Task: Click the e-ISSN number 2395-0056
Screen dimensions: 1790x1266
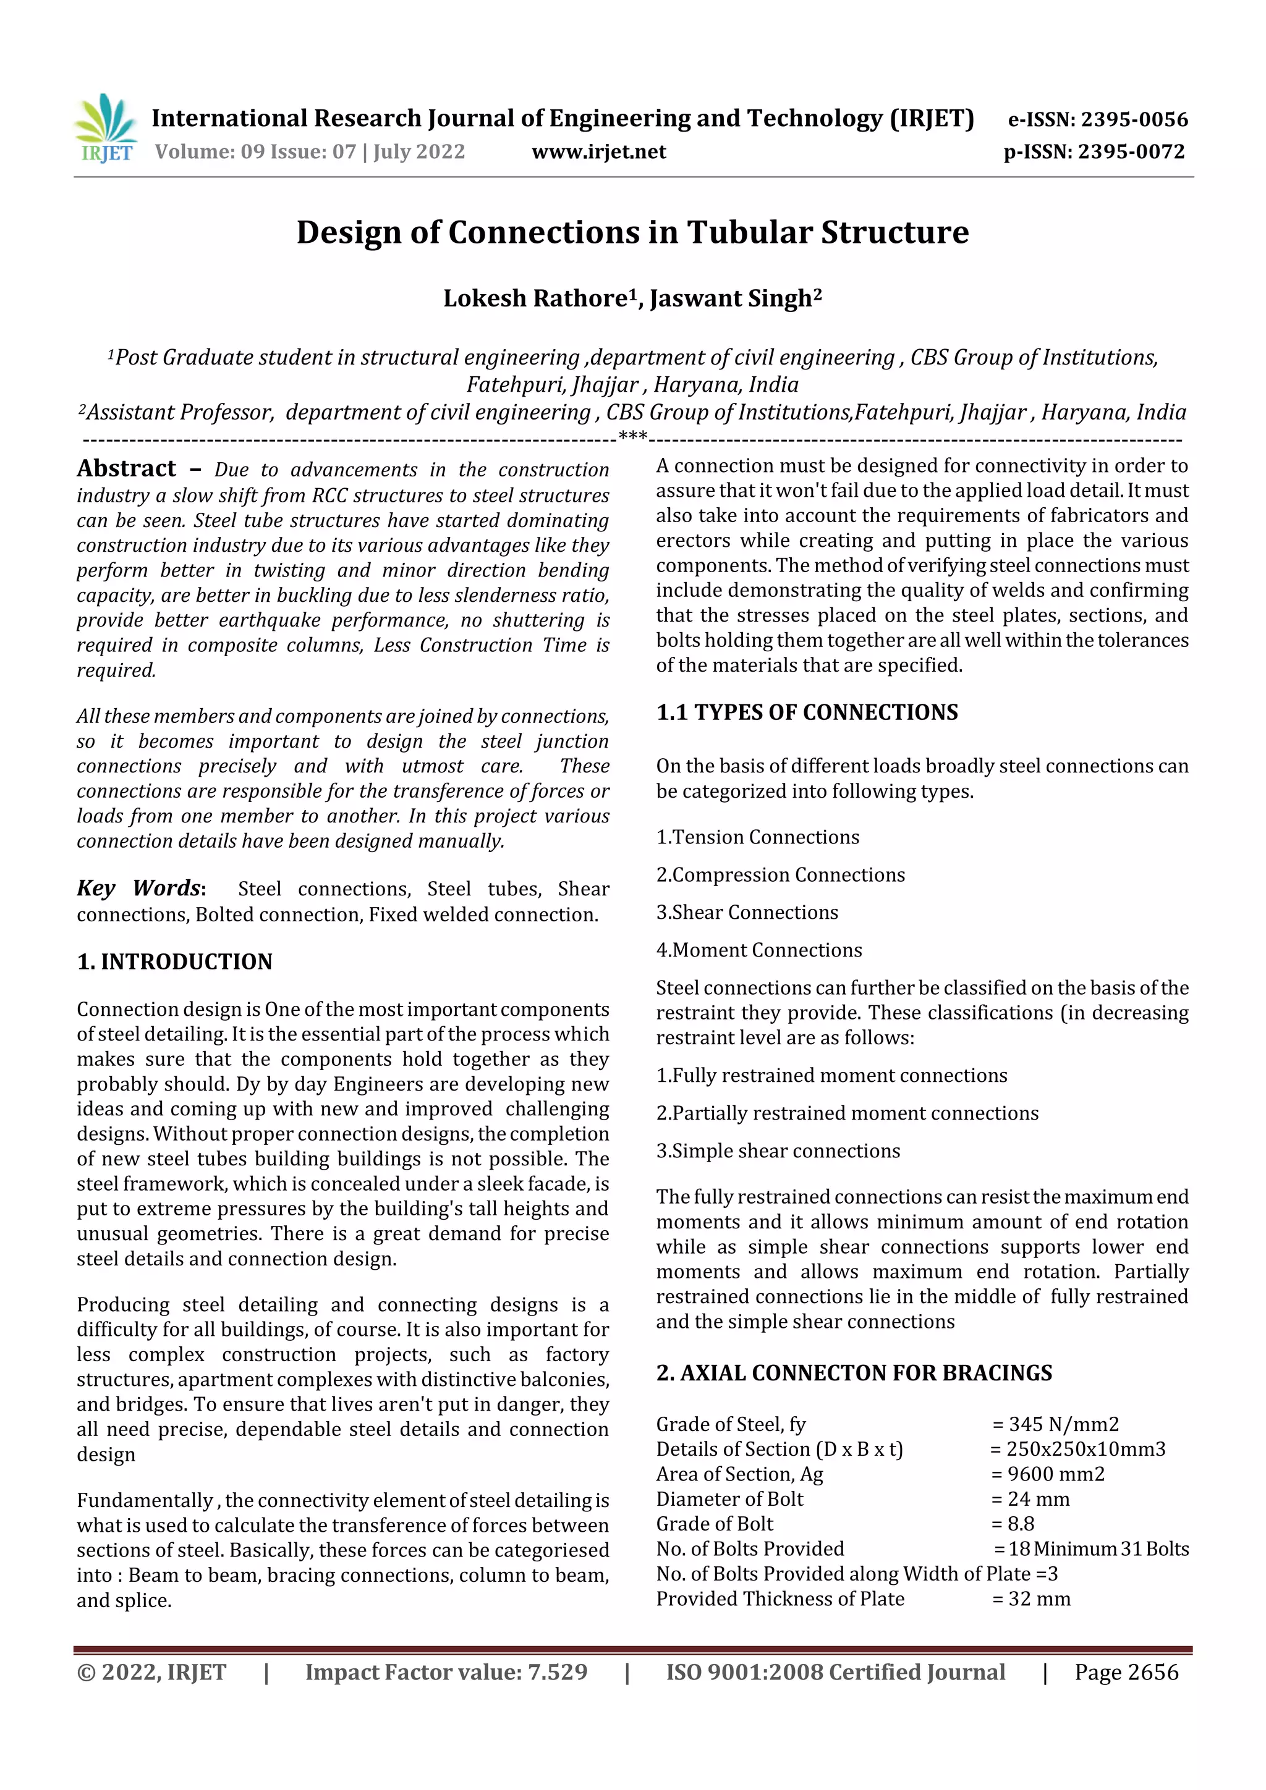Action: click(x=1133, y=119)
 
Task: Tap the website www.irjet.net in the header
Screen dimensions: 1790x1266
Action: click(x=598, y=152)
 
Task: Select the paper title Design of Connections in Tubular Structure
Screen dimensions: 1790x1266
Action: click(x=632, y=232)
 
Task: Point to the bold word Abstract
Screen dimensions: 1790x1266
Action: click(x=126, y=468)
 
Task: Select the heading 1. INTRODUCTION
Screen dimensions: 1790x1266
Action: click(x=175, y=961)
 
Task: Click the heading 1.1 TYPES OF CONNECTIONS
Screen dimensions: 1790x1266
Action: click(x=807, y=712)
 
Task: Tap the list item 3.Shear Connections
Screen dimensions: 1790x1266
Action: click(x=747, y=912)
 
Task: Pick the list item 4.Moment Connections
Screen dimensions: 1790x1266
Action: click(x=758, y=950)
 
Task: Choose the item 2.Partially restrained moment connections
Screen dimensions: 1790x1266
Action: click(x=846, y=1113)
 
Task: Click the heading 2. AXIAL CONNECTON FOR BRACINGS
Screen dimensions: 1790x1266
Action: click(x=853, y=1372)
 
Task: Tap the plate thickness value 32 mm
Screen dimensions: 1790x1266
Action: click(x=1039, y=1599)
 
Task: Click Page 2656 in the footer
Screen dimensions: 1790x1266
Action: click(x=1126, y=1672)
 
